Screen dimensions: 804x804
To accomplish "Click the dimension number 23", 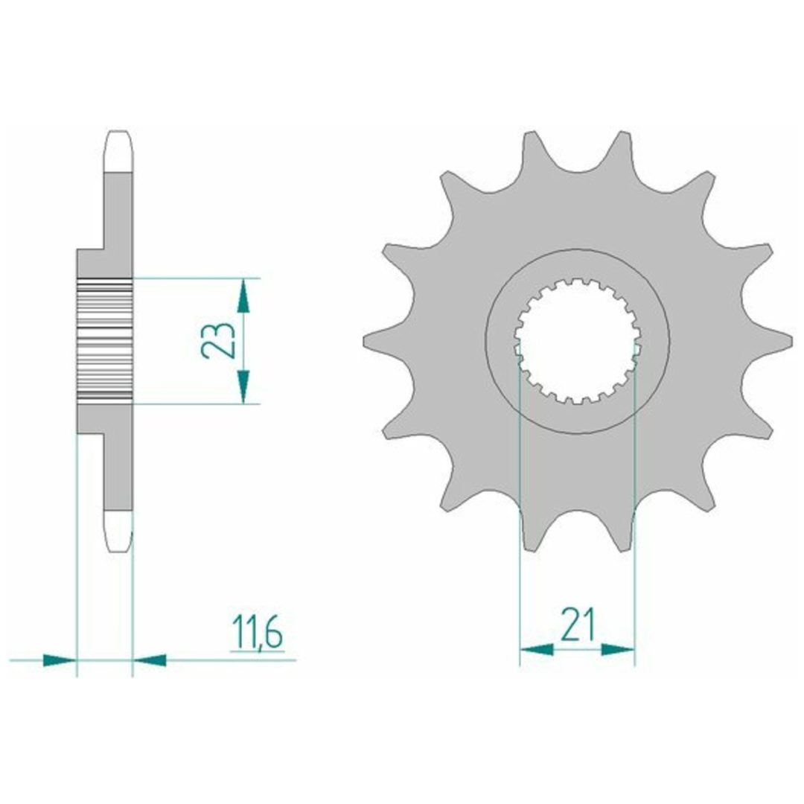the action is [217, 340].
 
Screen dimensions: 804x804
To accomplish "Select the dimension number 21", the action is [578, 625].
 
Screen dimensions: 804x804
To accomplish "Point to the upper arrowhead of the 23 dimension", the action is [243, 296].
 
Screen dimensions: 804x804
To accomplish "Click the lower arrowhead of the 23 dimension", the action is [243, 386].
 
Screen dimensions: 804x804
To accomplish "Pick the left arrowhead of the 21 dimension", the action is [537, 650].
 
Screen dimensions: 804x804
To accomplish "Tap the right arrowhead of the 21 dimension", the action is [618, 650].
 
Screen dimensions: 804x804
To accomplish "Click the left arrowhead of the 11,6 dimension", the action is [60, 660].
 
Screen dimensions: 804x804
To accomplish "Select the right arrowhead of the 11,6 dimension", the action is [149, 660].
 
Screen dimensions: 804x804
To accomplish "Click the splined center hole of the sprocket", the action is [578, 340].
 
